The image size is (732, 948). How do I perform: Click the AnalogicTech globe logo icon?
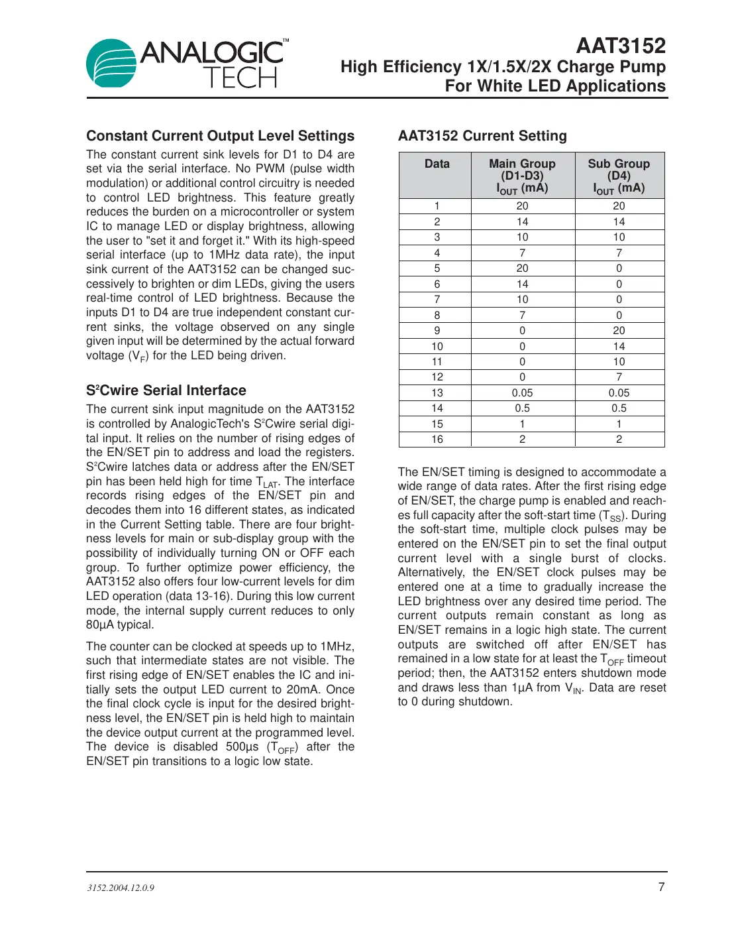tap(111, 63)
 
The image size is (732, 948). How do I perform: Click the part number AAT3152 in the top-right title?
tap(620, 46)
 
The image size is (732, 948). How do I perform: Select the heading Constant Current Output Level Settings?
tap(220, 136)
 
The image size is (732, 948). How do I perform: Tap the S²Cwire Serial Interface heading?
tap(166, 390)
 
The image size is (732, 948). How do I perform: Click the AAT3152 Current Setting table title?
tap(482, 136)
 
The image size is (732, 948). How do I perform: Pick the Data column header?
tap(437, 164)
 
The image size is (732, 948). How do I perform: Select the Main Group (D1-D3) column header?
tap(522, 175)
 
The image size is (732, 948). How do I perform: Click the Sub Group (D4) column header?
tap(619, 175)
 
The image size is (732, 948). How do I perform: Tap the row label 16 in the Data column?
tap(437, 440)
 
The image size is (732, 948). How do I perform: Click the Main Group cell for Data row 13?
tap(522, 393)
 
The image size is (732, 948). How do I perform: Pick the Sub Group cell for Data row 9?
tap(619, 331)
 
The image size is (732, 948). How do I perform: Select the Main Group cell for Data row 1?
tap(522, 206)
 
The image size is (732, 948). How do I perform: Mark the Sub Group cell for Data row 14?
tap(619, 408)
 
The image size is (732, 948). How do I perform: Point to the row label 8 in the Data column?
tap(437, 315)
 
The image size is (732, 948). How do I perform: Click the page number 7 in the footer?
tap(660, 887)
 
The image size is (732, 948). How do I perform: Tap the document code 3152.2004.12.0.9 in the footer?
tap(121, 888)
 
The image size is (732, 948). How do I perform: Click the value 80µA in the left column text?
tap(100, 625)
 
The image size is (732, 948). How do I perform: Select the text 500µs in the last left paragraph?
tap(242, 747)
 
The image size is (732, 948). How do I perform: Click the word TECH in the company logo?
tap(240, 78)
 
